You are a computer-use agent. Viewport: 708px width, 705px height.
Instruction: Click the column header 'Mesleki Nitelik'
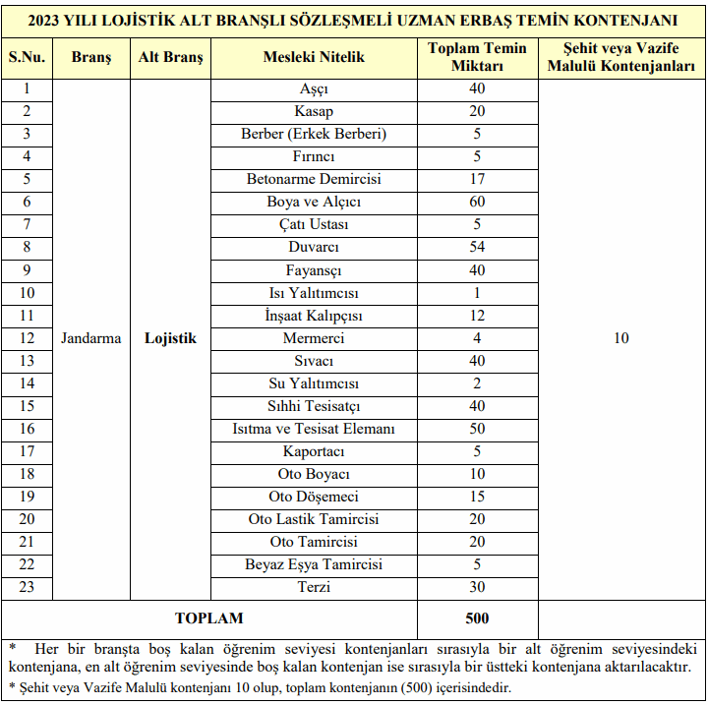click(x=314, y=57)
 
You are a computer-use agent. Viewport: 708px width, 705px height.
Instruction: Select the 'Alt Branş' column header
click(x=171, y=57)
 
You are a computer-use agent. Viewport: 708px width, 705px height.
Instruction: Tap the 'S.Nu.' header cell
click(x=27, y=57)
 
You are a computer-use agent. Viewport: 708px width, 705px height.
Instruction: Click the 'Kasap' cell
click(x=314, y=111)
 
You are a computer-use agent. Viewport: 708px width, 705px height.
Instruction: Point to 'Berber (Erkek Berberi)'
click(x=314, y=134)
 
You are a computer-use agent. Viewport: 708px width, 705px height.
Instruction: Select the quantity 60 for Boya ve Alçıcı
click(x=477, y=202)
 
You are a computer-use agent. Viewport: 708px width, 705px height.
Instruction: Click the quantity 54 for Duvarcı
click(x=477, y=247)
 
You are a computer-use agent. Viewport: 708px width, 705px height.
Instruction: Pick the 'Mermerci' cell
click(x=314, y=338)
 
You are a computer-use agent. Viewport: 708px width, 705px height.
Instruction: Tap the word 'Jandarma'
click(x=91, y=338)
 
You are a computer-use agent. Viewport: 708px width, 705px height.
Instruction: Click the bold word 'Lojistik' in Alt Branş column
click(x=171, y=338)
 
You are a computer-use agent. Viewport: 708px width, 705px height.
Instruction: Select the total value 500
click(x=477, y=618)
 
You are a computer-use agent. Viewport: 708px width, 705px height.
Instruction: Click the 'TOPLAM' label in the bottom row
click(x=208, y=618)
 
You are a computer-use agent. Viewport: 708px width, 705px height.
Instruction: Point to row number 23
click(x=27, y=587)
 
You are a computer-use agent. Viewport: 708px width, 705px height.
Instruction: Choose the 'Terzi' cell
click(x=314, y=587)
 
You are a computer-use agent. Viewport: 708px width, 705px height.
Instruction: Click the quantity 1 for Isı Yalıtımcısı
click(x=477, y=293)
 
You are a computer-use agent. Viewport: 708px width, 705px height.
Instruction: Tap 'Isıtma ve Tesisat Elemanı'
click(x=314, y=429)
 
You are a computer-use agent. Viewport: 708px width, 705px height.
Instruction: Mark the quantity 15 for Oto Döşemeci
click(x=477, y=497)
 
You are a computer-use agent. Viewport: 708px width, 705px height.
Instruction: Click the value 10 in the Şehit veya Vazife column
click(x=620, y=338)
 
